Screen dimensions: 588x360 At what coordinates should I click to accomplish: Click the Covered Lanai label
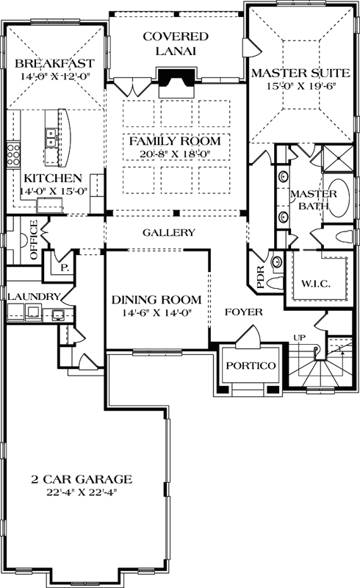pyautogui.click(x=175, y=43)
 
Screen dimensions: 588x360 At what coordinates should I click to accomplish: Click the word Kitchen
pyautogui.click(x=51, y=179)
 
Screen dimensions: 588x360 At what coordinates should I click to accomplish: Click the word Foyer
pyautogui.click(x=243, y=312)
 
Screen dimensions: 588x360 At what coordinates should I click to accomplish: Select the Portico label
pyautogui.click(x=251, y=365)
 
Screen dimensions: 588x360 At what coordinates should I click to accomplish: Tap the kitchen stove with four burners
pyautogui.click(x=13, y=154)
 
